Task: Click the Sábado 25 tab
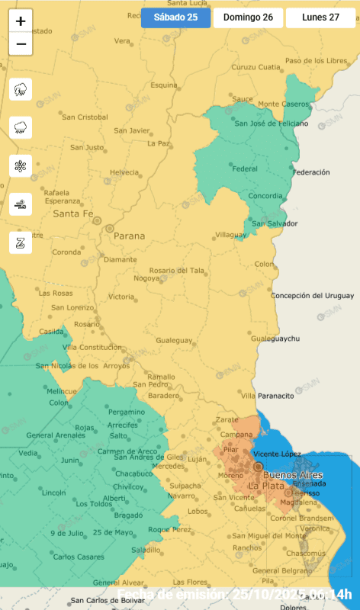[x=175, y=18]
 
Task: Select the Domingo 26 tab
[x=248, y=18]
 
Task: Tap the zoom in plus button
[x=21, y=21]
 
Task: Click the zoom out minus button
[x=21, y=44]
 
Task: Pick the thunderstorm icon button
[x=21, y=90]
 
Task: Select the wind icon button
[x=21, y=204]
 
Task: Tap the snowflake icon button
[x=21, y=166]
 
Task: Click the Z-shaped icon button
[x=21, y=242]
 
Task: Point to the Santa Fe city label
[x=72, y=213]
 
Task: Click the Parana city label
[x=129, y=236]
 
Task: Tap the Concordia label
[x=266, y=196]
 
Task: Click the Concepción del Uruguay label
[x=313, y=295]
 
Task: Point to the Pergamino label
[x=127, y=412]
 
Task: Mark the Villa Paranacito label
[x=268, y=396]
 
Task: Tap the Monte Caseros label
[x=279, y=104]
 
